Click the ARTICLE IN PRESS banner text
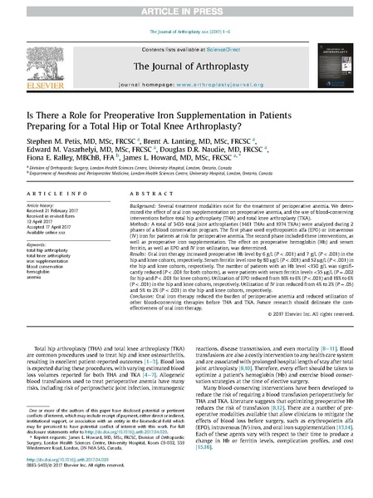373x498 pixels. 186,8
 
